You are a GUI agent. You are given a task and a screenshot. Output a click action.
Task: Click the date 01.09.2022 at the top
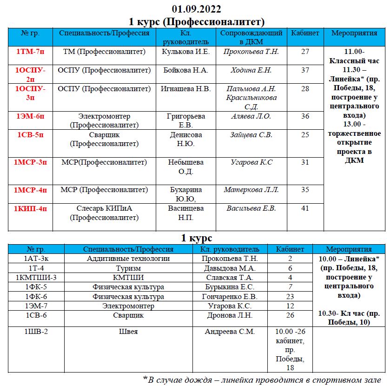(x=196, y=9)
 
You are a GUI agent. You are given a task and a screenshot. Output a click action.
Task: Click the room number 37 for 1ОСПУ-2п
(x=305, y=70)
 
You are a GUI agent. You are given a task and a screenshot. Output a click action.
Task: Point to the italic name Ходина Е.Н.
(x=251, y=70)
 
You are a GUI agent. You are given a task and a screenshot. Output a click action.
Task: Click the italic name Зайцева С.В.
(x=251, y=135)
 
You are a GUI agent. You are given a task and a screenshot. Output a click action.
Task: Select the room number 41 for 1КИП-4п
(x=305, y=208)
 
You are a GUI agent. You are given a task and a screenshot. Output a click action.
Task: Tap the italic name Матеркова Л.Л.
(x=251, y=190)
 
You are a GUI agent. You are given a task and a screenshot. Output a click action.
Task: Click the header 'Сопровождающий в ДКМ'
(x=251, y=37)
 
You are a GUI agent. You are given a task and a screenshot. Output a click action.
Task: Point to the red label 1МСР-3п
(x=30, y=162)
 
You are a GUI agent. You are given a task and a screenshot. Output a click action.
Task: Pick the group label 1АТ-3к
(x=39, y=259)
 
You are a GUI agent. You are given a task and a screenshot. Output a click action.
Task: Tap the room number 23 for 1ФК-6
(x=290, y=296)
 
